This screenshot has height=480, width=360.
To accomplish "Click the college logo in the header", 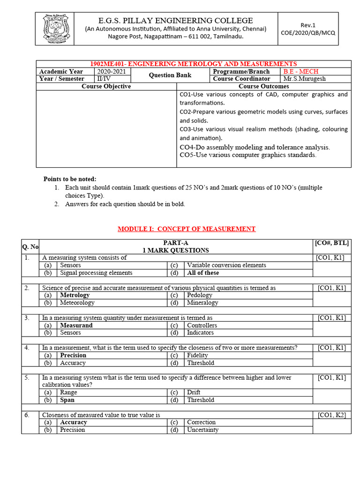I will [56, 29].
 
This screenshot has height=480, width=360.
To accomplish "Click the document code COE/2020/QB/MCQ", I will [308, 33].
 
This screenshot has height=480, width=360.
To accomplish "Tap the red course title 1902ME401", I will [193, 64].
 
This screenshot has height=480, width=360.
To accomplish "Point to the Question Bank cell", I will [170, 75].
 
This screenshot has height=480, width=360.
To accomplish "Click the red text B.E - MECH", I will [300, 72].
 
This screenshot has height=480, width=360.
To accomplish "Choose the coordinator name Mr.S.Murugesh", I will [304, 79].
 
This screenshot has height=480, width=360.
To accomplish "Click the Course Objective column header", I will [106, 86].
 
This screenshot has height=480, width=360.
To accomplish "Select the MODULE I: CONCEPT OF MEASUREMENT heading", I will [186, 229].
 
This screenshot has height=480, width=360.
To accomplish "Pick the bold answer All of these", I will [203, 273].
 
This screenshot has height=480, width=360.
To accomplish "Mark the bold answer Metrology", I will [75, 295].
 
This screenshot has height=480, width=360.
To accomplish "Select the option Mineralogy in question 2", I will [202, 303].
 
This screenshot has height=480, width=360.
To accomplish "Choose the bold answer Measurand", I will [76, 325].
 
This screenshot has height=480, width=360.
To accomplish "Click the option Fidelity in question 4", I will [197, 355].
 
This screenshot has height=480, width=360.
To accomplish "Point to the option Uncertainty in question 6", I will [202, 430].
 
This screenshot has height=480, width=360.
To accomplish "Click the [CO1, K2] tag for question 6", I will [332, 415].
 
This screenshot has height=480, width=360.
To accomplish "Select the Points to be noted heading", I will [70, 179].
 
